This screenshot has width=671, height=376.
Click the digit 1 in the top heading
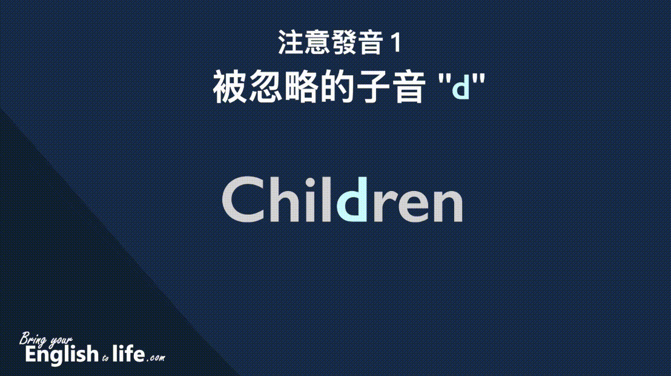tap(397, 43)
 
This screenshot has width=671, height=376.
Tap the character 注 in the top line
tap(291, 42)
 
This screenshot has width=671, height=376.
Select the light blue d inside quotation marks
tap(461, 87)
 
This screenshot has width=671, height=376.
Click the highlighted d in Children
tap(352, 200)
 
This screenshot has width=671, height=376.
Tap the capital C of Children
tap(242, 200)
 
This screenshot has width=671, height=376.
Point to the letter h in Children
tap(283, 200)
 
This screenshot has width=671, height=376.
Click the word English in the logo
tap(62, 354)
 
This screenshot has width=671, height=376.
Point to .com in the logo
tap(156, 358)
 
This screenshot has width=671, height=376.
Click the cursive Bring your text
tap(46, 340)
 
